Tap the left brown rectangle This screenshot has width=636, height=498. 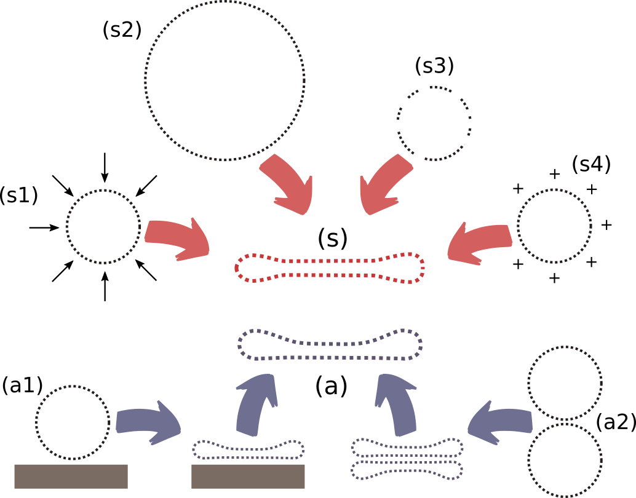point(71,476)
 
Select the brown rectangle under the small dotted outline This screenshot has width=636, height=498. point(248,476)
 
